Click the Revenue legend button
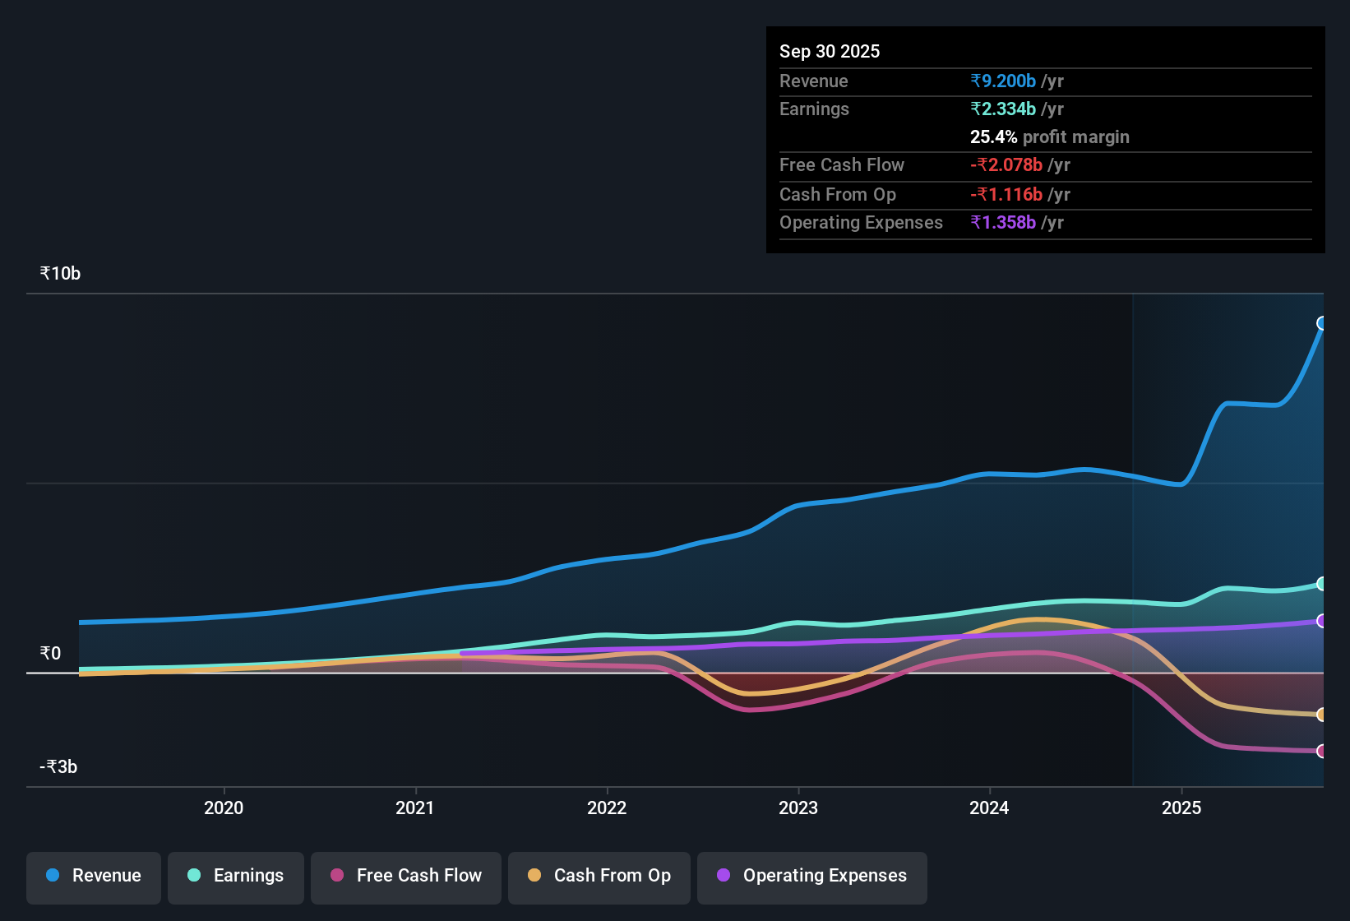point(94,876)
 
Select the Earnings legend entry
point(236,876)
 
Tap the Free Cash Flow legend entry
point(406,876)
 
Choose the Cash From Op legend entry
point(599,876)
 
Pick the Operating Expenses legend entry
point(812,876)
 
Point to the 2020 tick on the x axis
point(224,808)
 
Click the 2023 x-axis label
point(798,808)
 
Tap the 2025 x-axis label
point(1181,808)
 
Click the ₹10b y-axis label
point(60,274)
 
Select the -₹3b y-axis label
point(58,767)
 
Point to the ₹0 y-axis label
point(50,654)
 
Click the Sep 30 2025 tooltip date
point(830,51)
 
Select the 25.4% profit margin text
point(1049,137)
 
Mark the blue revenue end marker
point(1322,323)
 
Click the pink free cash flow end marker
point(1322,751)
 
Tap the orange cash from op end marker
point(1322,715)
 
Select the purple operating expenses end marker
point(1322,621)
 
